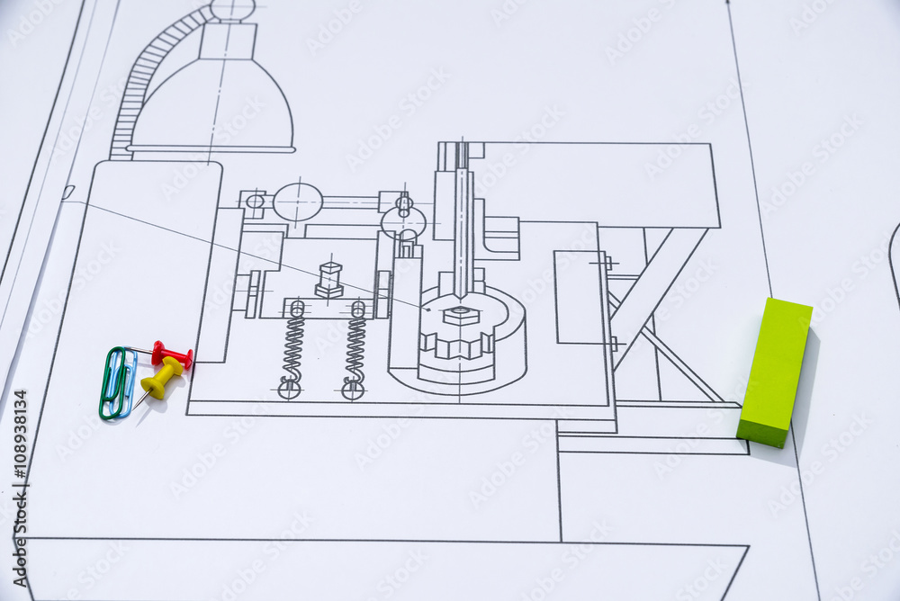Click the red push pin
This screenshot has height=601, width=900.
pos(172,354)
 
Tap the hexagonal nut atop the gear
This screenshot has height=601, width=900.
pos(461,315)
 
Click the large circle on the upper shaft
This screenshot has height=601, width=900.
pos(298,202)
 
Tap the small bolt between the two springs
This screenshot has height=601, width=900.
pos(329,280)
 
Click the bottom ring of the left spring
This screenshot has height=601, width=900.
pos(289,389)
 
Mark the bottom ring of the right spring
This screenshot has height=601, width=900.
pos(353,390)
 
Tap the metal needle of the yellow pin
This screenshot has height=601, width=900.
pos(142,396)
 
